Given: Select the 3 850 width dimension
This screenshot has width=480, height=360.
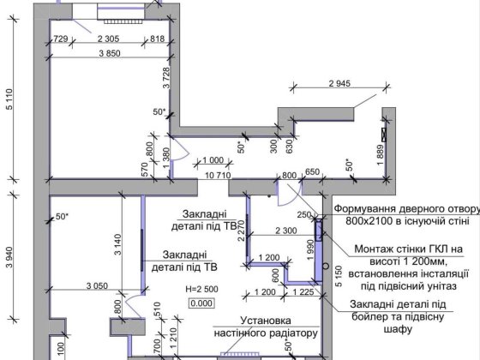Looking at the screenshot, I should (108, 53).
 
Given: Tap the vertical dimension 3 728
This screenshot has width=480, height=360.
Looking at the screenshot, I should (165, 86).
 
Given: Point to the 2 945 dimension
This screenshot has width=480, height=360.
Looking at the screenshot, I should (341, 84).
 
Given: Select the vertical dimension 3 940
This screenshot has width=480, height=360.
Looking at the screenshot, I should (9, 255).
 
